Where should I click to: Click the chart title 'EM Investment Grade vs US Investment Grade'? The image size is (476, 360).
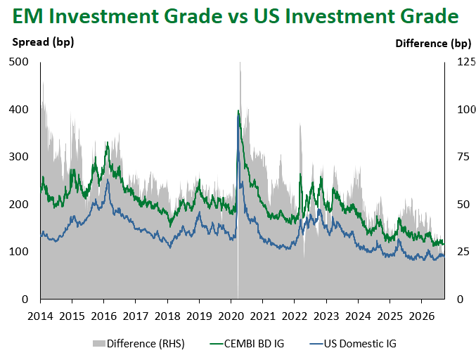(x=236, y=15)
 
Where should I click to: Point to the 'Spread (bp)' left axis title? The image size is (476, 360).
(x=43, y=42)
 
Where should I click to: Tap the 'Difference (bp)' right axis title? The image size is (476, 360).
(x=433, y=44)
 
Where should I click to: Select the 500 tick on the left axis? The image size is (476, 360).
(x=18, y=62)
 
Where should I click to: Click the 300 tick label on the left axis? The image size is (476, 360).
(x=18, y=157)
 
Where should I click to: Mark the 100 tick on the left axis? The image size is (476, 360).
(x=18, y=252)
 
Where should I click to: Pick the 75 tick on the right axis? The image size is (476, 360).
(x=463, y=157)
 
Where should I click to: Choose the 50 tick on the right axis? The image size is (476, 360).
(x=463, y=205)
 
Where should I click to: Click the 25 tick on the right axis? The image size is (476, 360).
(x=463, y=252)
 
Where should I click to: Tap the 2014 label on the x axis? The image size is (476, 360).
(x=40, y=316)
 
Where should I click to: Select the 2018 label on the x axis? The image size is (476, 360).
(x=167, y=316)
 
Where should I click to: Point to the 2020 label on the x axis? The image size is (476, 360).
(x=231, y=316)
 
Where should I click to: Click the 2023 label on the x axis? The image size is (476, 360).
(x=326, y=316)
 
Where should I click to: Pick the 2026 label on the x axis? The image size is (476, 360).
(x=422, y=316)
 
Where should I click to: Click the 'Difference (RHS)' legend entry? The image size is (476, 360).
(x=139, y=344)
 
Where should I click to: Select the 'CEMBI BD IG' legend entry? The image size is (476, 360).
(x=247, y=344)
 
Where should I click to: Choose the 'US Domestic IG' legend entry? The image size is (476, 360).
(x=353, y=344)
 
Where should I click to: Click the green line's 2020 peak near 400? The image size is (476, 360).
(x=238, y=110)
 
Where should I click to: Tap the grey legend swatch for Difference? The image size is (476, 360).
(x=99, y=344)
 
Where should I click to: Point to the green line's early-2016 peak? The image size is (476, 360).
(x=107, y=142)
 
